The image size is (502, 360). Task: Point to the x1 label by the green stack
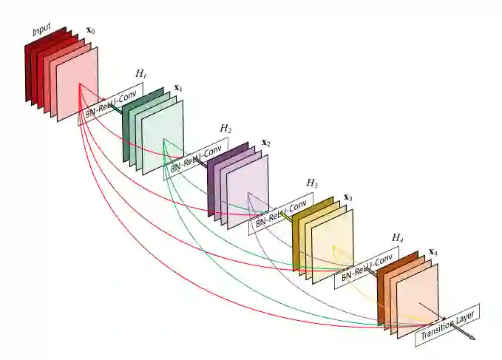click(177, 88)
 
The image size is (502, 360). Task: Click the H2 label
click(225, 129)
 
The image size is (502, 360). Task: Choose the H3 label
click(312, 183)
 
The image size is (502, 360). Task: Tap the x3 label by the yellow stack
click(347, 197)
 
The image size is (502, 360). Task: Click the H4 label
click(397, 238)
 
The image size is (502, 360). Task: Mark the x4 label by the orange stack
click(433, 253)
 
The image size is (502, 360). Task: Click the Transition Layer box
click(447, 325)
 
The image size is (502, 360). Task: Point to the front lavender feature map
click(248, 197)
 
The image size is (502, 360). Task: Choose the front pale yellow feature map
click(333, 251)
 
